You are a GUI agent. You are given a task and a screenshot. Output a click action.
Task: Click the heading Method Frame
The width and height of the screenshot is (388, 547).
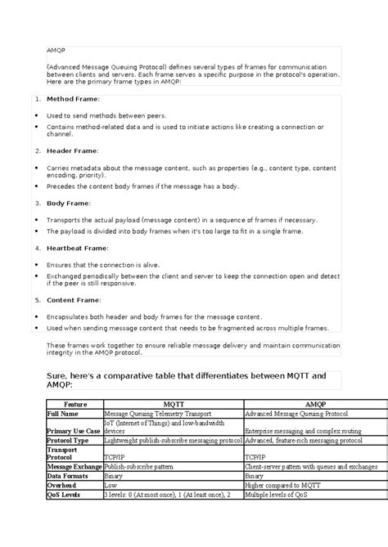pos(72,99)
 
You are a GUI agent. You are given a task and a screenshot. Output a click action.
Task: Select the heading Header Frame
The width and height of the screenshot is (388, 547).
pos(72,151)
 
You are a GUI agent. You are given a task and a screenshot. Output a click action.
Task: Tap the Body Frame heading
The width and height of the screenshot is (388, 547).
pos(69,203)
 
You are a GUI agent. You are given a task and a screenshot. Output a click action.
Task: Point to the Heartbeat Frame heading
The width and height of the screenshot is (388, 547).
pos(78,247)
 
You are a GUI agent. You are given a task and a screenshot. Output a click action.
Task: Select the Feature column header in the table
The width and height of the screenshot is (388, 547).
pos(74,404)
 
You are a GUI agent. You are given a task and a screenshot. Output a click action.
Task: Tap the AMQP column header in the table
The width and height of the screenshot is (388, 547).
pos(314,404)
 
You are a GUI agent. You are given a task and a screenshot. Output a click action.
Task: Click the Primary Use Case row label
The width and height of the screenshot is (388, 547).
pos(74,431)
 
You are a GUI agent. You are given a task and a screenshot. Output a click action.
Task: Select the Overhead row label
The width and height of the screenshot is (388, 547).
pos(65,484)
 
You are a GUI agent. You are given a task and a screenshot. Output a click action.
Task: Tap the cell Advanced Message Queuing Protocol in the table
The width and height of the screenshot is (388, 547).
pos(297,415)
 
